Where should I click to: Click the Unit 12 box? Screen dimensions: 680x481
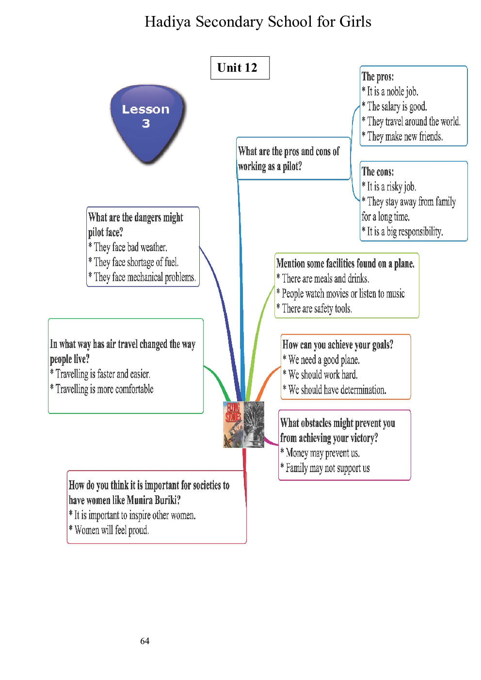click(x=240, y=68)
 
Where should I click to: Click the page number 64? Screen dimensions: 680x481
click(x=144, y=641)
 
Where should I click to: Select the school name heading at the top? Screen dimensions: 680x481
click(x=258, y=22)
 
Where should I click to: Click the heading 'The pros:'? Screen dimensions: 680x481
click(x=378, y=77)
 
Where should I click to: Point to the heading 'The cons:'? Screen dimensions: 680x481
click(x=378, y=172)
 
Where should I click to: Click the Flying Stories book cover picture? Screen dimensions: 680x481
click(x=233, y=424)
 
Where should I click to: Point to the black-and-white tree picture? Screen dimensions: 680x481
click(x=254, y=424)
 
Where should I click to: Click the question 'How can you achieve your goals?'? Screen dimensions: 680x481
click(x=337, y=345)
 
